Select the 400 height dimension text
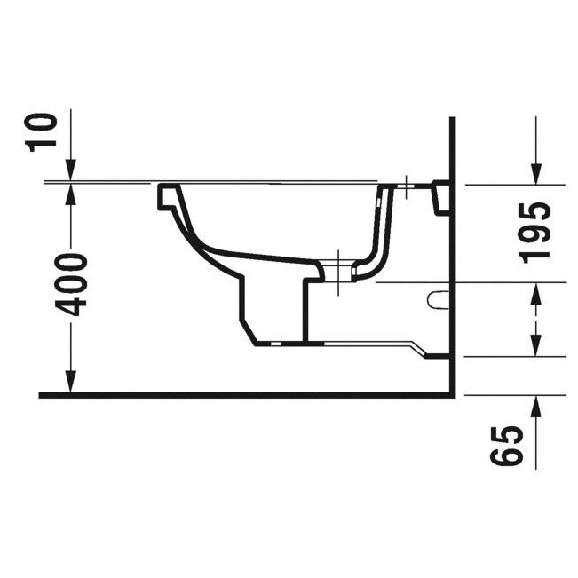(x=71, y=284)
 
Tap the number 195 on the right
(x=534, y=232)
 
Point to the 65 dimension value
(x=504, y=446)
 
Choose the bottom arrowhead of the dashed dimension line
(x=535, y=345)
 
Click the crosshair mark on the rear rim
(x=405, y=186)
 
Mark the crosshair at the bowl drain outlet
(x=338, y=273)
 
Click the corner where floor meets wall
(x=452, y=394)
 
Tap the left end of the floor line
(x=42, y=394)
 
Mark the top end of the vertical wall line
(x=452, y=119)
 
